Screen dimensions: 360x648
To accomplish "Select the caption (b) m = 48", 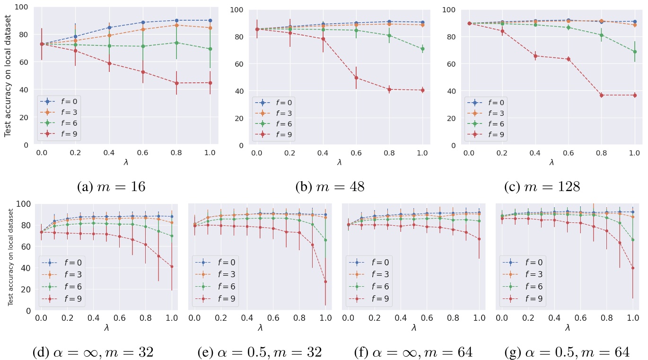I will click(330, 186).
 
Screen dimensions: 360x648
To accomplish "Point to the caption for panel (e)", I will click(260, 352).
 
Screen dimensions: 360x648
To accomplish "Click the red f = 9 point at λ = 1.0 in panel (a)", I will click(210, 83).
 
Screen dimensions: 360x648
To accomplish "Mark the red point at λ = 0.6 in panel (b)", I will click(356, 78).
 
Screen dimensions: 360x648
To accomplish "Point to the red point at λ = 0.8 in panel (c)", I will click(601, 95).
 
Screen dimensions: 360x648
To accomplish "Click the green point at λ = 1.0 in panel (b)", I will click(422, 49).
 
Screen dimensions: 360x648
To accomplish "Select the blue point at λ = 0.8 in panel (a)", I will click(176, 20).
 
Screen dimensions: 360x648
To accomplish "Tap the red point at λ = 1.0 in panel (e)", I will click(325, 281).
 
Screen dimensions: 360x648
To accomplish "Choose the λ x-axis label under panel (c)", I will click(552, 162).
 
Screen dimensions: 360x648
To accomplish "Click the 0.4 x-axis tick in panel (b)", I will click(323, 154).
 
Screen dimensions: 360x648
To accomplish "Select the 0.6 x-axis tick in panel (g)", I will click(579, 319).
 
